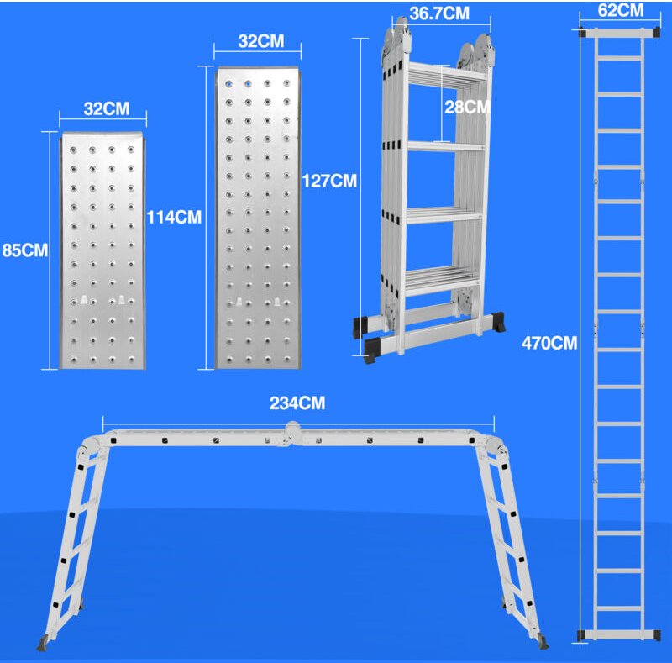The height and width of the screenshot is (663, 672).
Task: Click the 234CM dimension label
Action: pyautogui.click(x=297, y=403)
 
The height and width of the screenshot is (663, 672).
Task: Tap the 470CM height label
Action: pyautogui.click(x=549, y=343)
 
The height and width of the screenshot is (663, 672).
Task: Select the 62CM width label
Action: pyautogui.click(x=622, y=11)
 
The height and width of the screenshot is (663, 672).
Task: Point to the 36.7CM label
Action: pyautogui.click(x=438, y=13)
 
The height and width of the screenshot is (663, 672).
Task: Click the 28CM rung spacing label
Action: pyautogui.click(x=467, y=107)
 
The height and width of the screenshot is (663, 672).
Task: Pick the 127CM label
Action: pyautogui.click(x=329, y=180)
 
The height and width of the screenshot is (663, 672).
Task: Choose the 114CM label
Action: pyautogui.click(x=174, y=217)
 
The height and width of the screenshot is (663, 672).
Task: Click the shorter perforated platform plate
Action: pyautogui.click(x=102, y=252)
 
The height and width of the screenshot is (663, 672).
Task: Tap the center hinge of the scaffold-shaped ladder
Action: pyautogui.click(x=294, y=434)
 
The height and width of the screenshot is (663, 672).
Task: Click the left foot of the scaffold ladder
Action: pyautogui.click(x=41, y=645)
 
